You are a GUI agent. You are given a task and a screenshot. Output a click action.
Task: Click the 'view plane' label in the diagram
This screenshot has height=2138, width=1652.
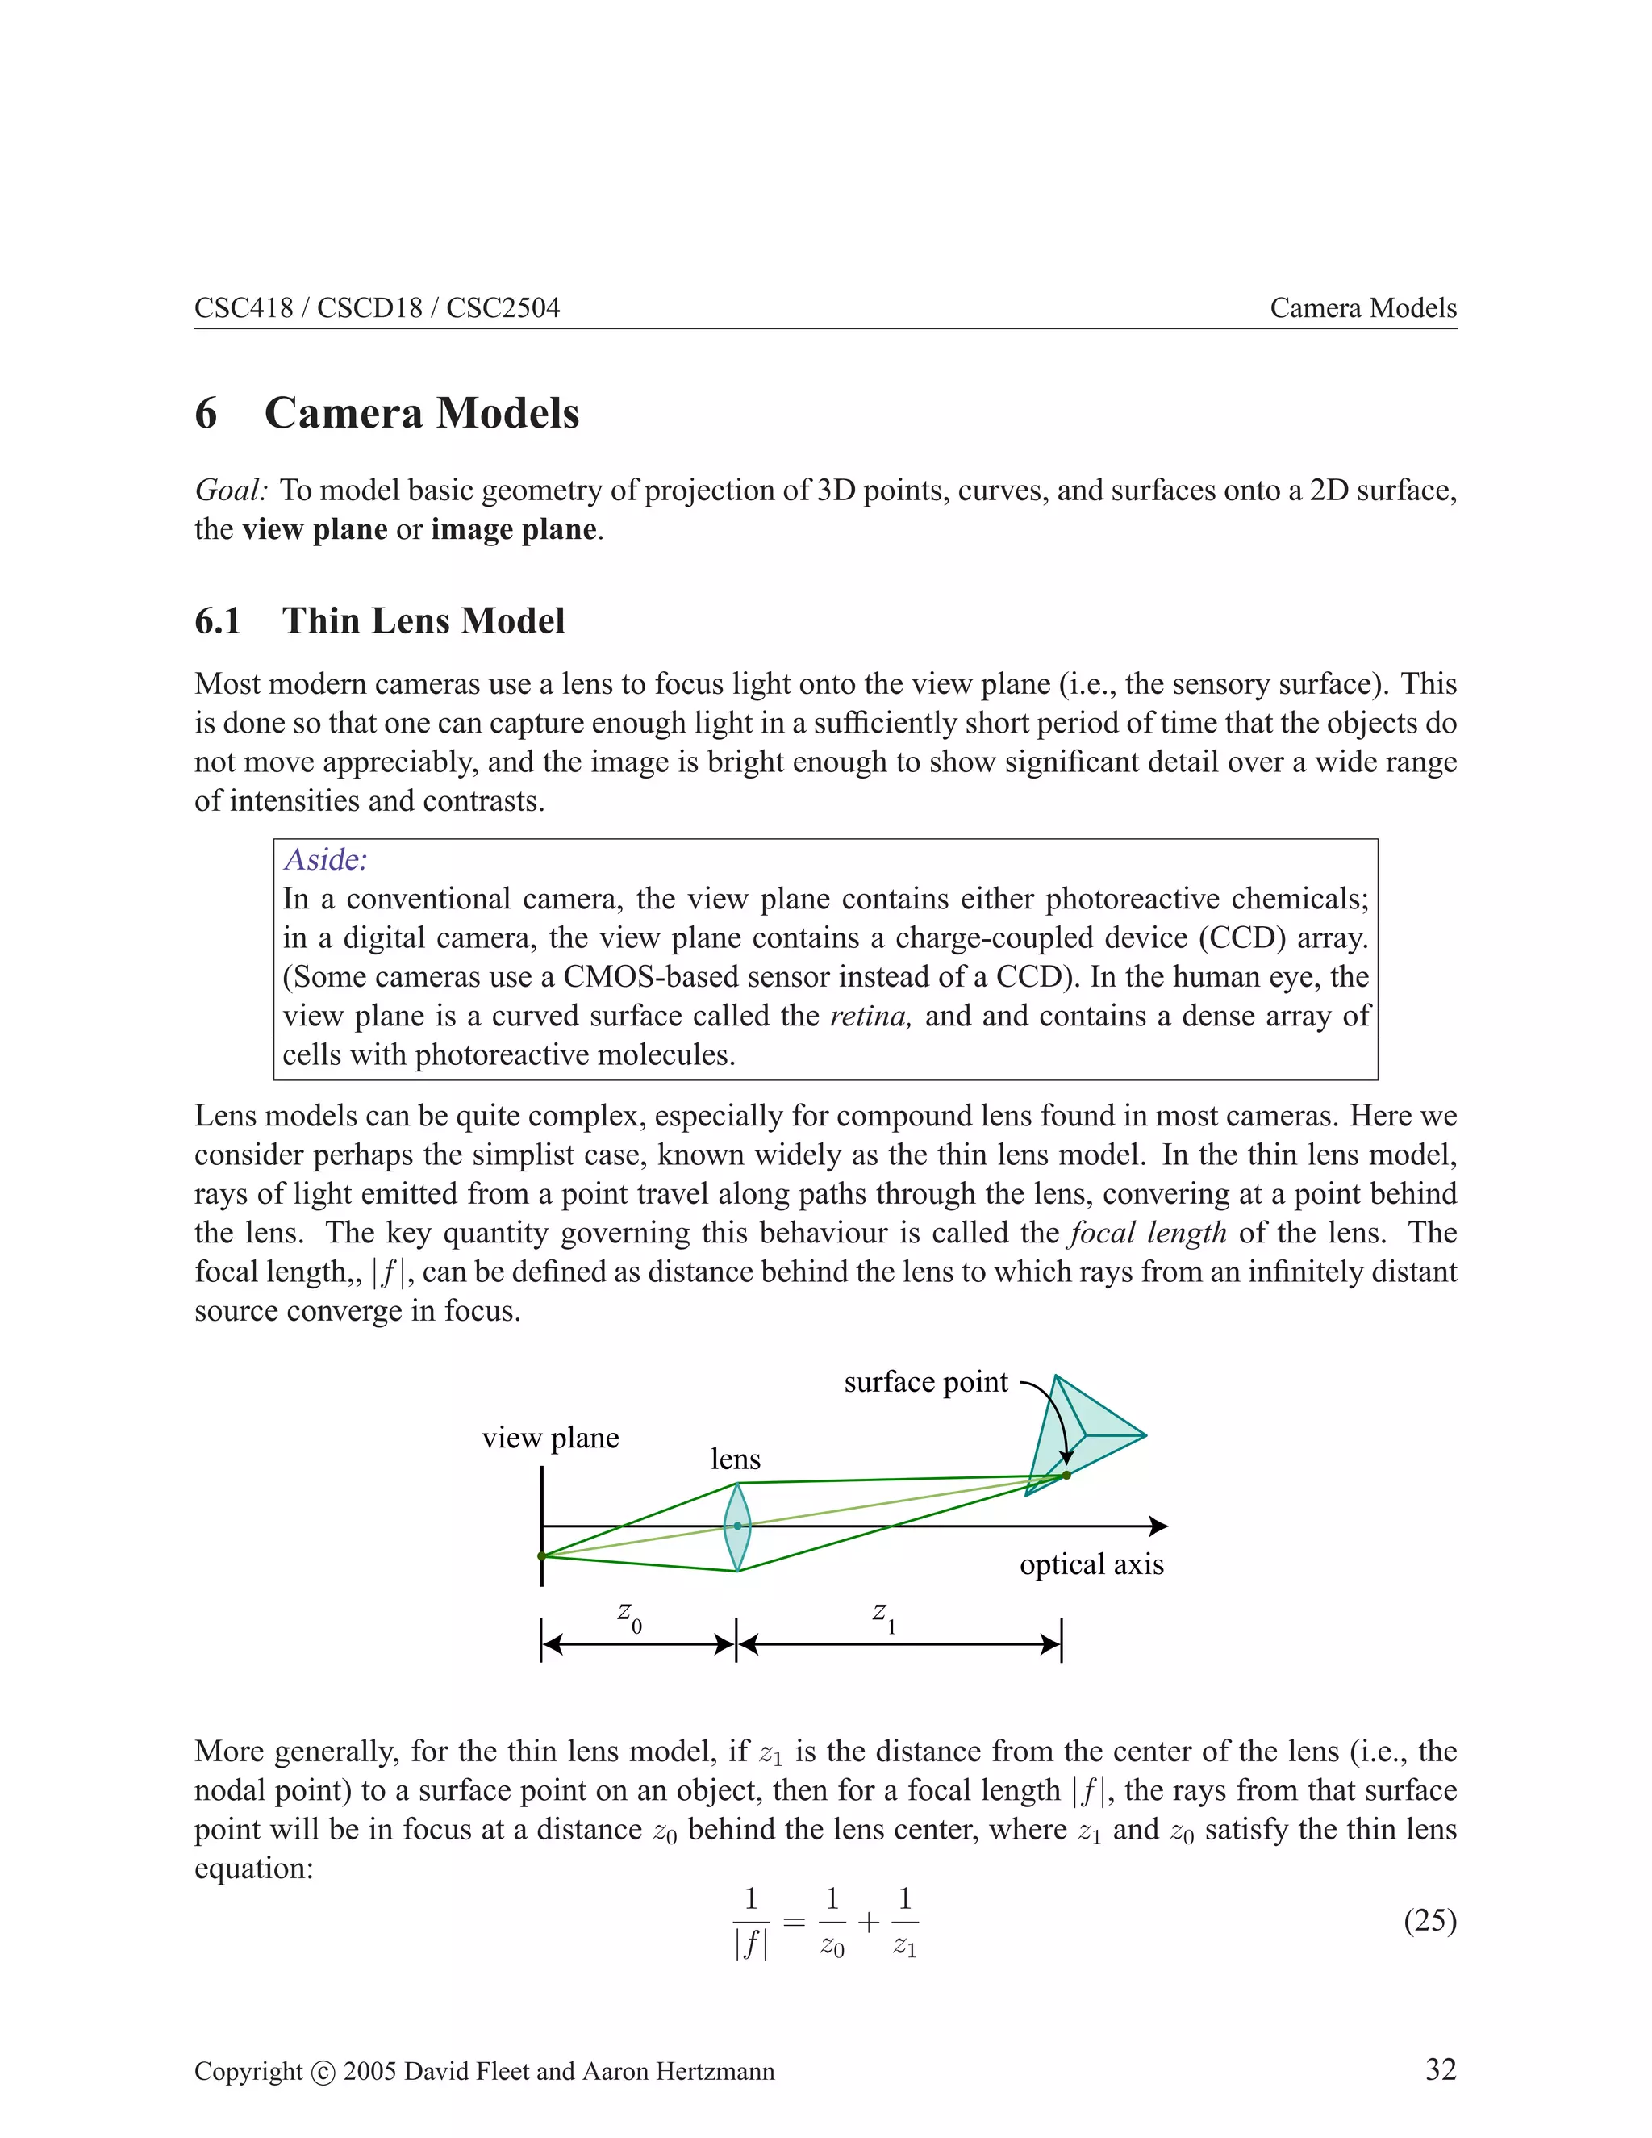click(550, 1438)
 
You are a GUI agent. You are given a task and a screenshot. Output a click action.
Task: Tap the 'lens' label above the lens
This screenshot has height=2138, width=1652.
click(735, 1459)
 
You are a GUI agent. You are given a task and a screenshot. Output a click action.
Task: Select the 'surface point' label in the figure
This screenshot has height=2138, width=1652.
click(925, 1382)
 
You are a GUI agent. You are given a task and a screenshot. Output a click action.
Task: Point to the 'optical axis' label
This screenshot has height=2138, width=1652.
click(1091, 1564)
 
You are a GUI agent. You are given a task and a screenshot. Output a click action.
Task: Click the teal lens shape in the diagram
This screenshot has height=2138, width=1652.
click(737, 1526)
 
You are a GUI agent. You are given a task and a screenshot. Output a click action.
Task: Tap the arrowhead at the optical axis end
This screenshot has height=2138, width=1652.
click(1159, 1526)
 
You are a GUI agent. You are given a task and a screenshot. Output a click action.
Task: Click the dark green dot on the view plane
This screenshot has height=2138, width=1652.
click(542, 1555)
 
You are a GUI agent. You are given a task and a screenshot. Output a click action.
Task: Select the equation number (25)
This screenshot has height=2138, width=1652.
click(1430, 1922)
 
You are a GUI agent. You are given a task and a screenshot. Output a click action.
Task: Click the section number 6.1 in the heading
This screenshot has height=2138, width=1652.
click(217, 620)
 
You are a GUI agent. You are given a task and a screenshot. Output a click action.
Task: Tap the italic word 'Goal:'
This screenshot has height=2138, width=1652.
click(231, 491)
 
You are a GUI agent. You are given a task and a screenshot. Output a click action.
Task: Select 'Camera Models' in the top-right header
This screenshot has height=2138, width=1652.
click(1362, 308)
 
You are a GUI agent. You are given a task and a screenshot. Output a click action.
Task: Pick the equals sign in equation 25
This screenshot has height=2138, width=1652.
click(794, 1923)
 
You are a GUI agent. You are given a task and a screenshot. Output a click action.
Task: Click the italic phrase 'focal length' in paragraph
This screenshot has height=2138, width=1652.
click(1147, 1233)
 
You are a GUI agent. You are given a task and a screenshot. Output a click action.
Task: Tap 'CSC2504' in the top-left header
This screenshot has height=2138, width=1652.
click(503, 308)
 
